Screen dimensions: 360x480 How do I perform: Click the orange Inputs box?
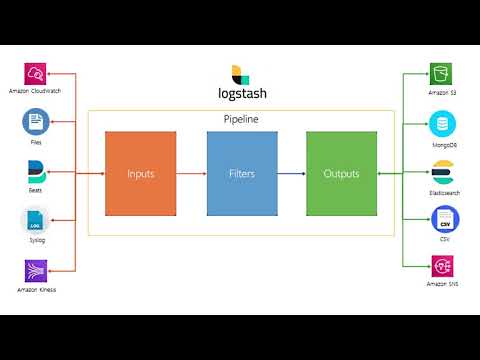pyautogui.click(x=141, y=173)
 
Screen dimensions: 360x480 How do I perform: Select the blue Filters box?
pyautogui.click(x=241, y=173)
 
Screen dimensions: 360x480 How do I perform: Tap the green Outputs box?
pyautogui.click(x=341, y=173)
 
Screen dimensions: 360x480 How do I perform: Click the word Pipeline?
pyautogui.click(x=242, y=120)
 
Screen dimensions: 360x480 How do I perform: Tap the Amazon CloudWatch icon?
pyautogui.click(x=36, y=73)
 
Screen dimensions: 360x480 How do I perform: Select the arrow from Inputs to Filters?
pyautogui.click(x=191, y=174)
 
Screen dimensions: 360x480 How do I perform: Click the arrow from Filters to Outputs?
pyautogui.click(x=291, y=174)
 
